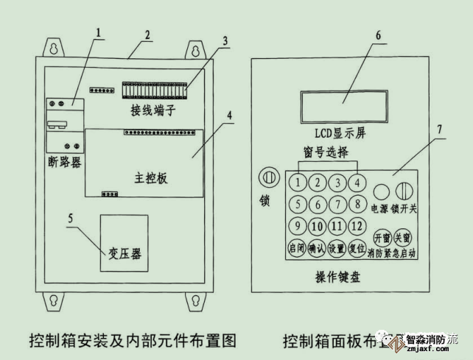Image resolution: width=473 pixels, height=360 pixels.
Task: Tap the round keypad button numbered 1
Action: point(298,182)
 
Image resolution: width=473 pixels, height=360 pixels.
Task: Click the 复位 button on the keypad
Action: point(357,249)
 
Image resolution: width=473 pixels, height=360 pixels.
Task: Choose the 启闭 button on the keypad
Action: point(298,249)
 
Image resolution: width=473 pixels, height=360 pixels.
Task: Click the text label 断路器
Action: point(66,161)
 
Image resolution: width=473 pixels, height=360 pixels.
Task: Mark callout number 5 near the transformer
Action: point(71,219)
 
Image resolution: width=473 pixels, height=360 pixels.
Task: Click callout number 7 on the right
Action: point(440,128)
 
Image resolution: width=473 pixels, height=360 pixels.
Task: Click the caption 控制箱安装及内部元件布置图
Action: point(133,340)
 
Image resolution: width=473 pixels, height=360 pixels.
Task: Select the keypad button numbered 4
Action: point(357,182)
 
